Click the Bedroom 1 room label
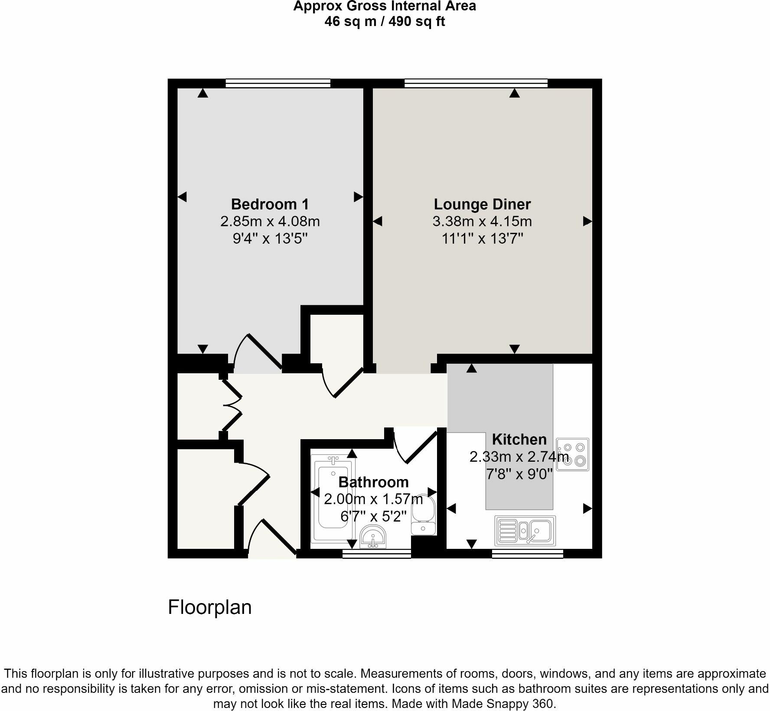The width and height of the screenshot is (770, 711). coord(270,204)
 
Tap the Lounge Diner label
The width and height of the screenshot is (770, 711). coord(482,204)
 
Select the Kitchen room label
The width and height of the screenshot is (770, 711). coord(519,439)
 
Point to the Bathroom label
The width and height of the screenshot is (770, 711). coord(373,482)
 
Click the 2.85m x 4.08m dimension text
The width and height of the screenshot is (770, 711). coord(270,222)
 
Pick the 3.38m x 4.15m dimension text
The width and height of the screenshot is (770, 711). coord(482,222)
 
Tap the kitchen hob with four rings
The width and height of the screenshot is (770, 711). coord(573,454)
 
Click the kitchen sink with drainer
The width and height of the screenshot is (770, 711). coord(525,530)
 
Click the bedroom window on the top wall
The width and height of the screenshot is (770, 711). coord(278,83)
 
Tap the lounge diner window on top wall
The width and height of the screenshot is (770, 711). coord(476,83)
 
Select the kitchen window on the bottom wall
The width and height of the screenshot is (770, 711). coord(527,553)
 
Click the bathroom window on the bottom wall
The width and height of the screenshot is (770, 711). coord(376,553)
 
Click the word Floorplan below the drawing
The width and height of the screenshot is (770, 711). coord(209,607)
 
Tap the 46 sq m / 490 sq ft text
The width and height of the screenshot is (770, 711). coord(385,21)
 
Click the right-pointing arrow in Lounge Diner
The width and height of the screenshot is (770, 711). coord(587,222)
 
